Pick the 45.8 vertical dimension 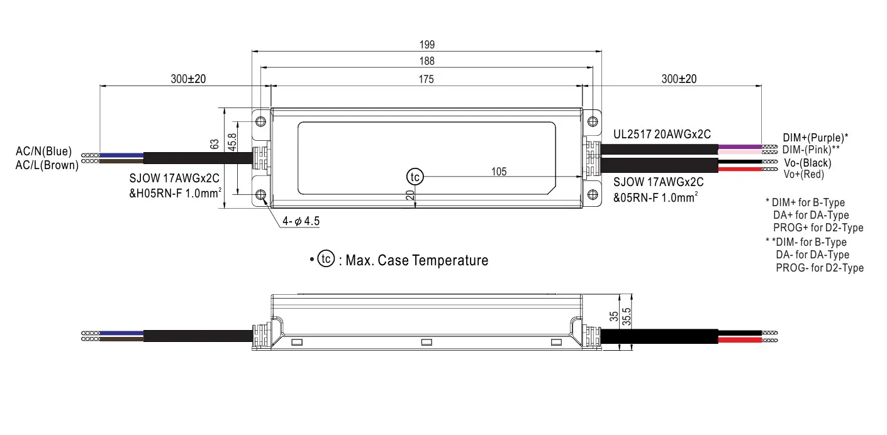coord(232,141)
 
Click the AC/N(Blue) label coord(44,152)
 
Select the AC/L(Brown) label coord(47,165)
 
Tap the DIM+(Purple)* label coord(815,137)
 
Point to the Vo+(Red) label coord(803,174)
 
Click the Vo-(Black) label coord(807,163)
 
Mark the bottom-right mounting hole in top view coord(592,195)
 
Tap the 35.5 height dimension coord(627,318)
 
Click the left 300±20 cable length coord(188,79)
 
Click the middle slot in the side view coord(427,343)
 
